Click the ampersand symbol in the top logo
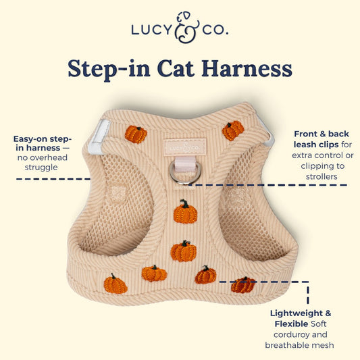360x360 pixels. point(186,28)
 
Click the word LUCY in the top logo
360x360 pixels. point(152,30)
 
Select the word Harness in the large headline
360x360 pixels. point(247,69)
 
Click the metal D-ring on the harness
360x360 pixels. point(185,173)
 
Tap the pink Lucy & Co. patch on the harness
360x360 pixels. point(185,147)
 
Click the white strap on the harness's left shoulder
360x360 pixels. point(99,137)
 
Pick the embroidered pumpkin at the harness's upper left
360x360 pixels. point(136,134)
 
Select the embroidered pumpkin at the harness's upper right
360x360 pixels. point(233,130)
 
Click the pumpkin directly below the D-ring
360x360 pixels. point(185,212)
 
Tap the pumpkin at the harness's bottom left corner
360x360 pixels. point(115,284)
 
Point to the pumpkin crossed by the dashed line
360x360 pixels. point(243,285)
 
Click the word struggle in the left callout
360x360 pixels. point(41,168)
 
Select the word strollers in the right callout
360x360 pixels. point(322,176)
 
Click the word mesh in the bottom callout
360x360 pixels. point(323,345)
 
